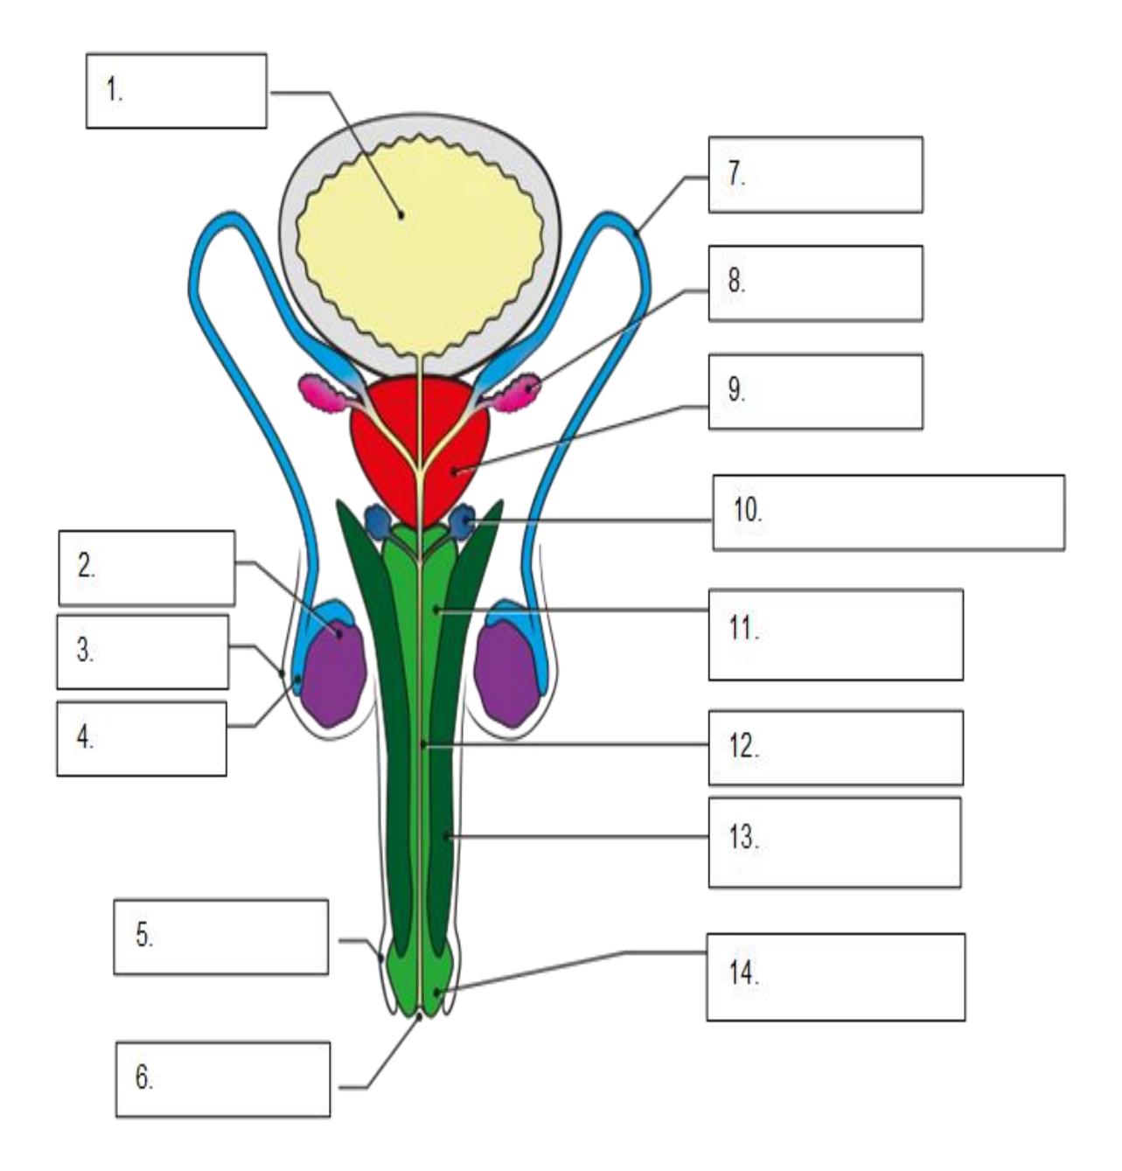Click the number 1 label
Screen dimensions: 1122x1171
(115, 91)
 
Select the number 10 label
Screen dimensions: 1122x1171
(748, 510)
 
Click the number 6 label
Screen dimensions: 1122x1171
(144, 1077)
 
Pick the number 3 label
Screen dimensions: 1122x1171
(86, 651)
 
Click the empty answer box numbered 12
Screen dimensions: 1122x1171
(836, 748)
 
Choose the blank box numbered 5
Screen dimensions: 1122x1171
(221, 937)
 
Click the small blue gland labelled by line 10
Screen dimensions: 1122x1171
(463, 522)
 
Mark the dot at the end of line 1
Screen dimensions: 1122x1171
(401, 215)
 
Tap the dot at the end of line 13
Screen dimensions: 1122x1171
(446, 836)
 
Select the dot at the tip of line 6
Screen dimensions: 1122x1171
(419, 1016)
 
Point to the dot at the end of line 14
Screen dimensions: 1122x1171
(438, 991)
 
